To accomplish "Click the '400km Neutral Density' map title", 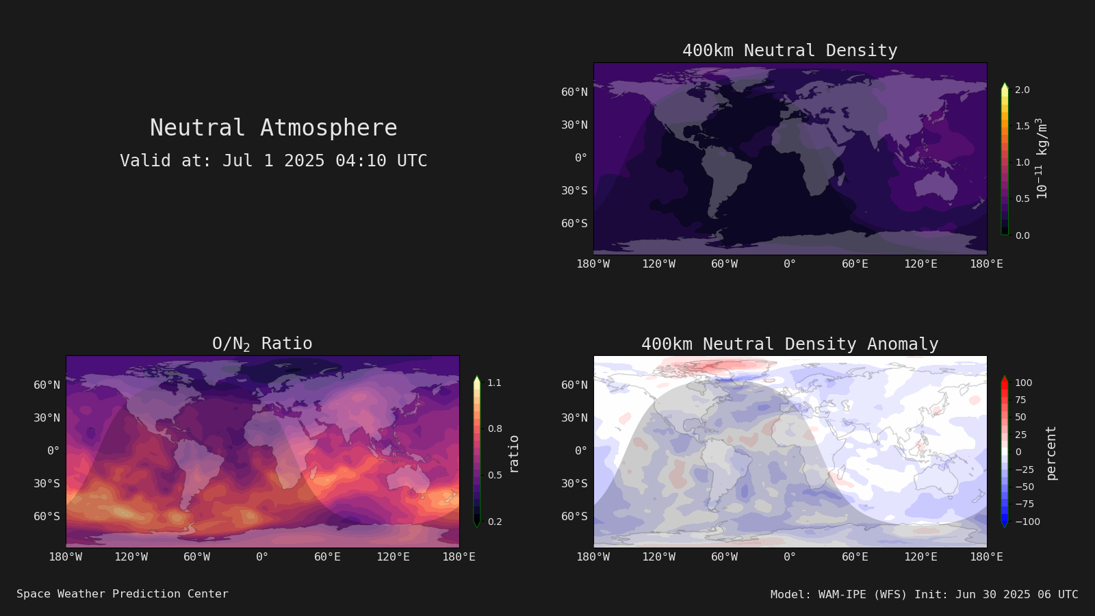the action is (790, 51).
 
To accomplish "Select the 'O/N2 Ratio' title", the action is (263, 344).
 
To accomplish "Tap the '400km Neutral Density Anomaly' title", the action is (790, 344).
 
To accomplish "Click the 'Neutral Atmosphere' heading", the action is (274, 127).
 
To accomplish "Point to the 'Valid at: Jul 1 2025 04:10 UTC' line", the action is (274, 160).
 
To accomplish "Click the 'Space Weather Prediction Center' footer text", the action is (123, 594).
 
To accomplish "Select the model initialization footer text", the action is (925, 595).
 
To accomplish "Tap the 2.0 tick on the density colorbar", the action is (1022, 90).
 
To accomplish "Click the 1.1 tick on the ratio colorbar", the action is (495, 383).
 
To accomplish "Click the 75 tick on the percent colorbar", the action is (1020, 400).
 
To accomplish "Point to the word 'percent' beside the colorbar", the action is (1051, 453).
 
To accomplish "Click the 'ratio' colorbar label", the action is (513, 454).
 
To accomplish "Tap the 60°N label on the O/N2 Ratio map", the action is (47, 385).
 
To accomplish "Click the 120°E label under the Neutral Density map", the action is (921, 264).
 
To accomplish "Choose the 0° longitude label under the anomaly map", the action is (790, 557).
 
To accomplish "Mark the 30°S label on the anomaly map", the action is (574, 483).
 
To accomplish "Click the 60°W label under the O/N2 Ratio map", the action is (196, 557).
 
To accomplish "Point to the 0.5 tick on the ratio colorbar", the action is (495, 475).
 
